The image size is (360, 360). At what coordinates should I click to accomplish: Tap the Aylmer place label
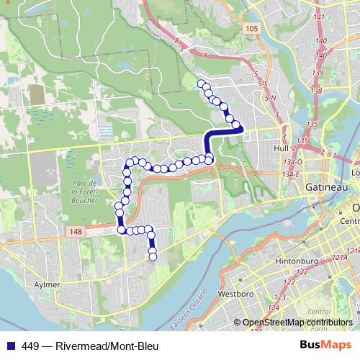pos(48,285)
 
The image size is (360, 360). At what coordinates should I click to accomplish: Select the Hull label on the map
pos(271,149)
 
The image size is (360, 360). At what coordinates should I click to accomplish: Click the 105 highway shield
pos(251,28)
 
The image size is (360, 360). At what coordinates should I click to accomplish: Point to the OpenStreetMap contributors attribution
pos(297,323)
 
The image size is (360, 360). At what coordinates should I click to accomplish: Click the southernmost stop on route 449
pos(153,257)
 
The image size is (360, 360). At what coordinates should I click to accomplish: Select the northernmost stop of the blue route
pos(202,84)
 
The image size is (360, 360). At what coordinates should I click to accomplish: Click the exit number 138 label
pos(315,91)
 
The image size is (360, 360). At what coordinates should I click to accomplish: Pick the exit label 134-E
pos(291,175)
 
